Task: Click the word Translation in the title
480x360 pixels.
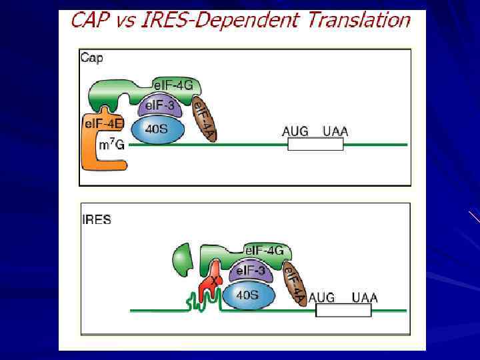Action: tap(359, 20)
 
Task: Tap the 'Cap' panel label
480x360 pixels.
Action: tap(92, 58)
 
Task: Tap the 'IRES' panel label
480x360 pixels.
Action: tap(96, 219)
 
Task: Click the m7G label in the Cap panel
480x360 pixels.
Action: tap(111, 145)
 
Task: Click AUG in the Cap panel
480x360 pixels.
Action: tap(295, 131)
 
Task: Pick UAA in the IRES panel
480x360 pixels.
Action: tap(364, 297)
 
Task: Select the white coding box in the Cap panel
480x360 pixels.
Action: tap(315, 144)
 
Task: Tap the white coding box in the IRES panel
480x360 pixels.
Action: tap(343, 311)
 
